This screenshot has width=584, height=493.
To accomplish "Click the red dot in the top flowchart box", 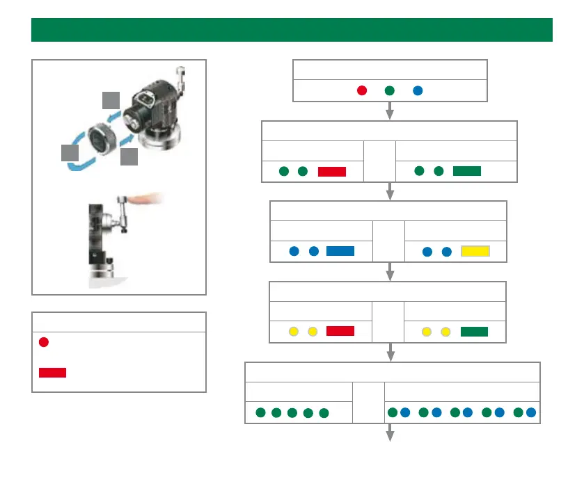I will point(362,90).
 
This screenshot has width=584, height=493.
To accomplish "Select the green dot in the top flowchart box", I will point(390,90).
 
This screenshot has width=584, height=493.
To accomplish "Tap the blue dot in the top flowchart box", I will point(417,90).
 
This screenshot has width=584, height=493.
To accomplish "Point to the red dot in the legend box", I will point(44,342).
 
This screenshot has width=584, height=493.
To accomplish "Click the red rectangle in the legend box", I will point(52,372).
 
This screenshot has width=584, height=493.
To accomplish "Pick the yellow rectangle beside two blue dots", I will point(475,252).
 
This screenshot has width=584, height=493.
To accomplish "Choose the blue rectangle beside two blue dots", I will point(340,251).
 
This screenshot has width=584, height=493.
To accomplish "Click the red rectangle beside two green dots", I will point(331,172).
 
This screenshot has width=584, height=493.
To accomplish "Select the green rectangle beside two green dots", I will point(466,171).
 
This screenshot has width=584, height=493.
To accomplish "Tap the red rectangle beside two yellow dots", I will point(340,331).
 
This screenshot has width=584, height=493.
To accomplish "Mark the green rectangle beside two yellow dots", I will point(473,331).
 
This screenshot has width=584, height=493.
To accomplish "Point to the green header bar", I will point(292,30).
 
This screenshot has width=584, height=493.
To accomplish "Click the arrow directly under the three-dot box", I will point(390,111).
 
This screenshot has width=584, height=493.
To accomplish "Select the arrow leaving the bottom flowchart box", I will point(390,433).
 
